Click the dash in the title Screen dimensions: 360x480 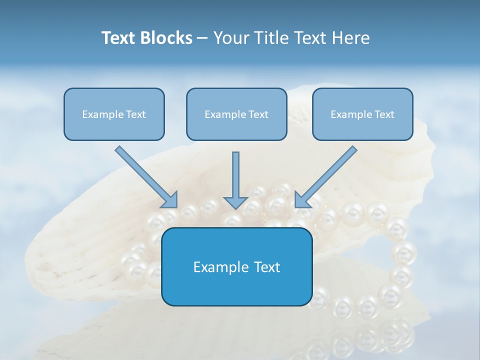click(x=203, y=38)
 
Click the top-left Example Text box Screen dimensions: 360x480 click(x=114, y=114)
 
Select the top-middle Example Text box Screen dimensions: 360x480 click(x=236, y=114)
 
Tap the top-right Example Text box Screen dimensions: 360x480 click(x=362, y=114)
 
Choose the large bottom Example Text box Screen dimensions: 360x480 click(x=236, y=266)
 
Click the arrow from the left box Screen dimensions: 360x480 click(x=145, y=175)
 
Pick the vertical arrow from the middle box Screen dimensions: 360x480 click(x=235, y=177)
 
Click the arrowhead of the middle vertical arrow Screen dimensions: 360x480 click(x=235, y=202)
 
